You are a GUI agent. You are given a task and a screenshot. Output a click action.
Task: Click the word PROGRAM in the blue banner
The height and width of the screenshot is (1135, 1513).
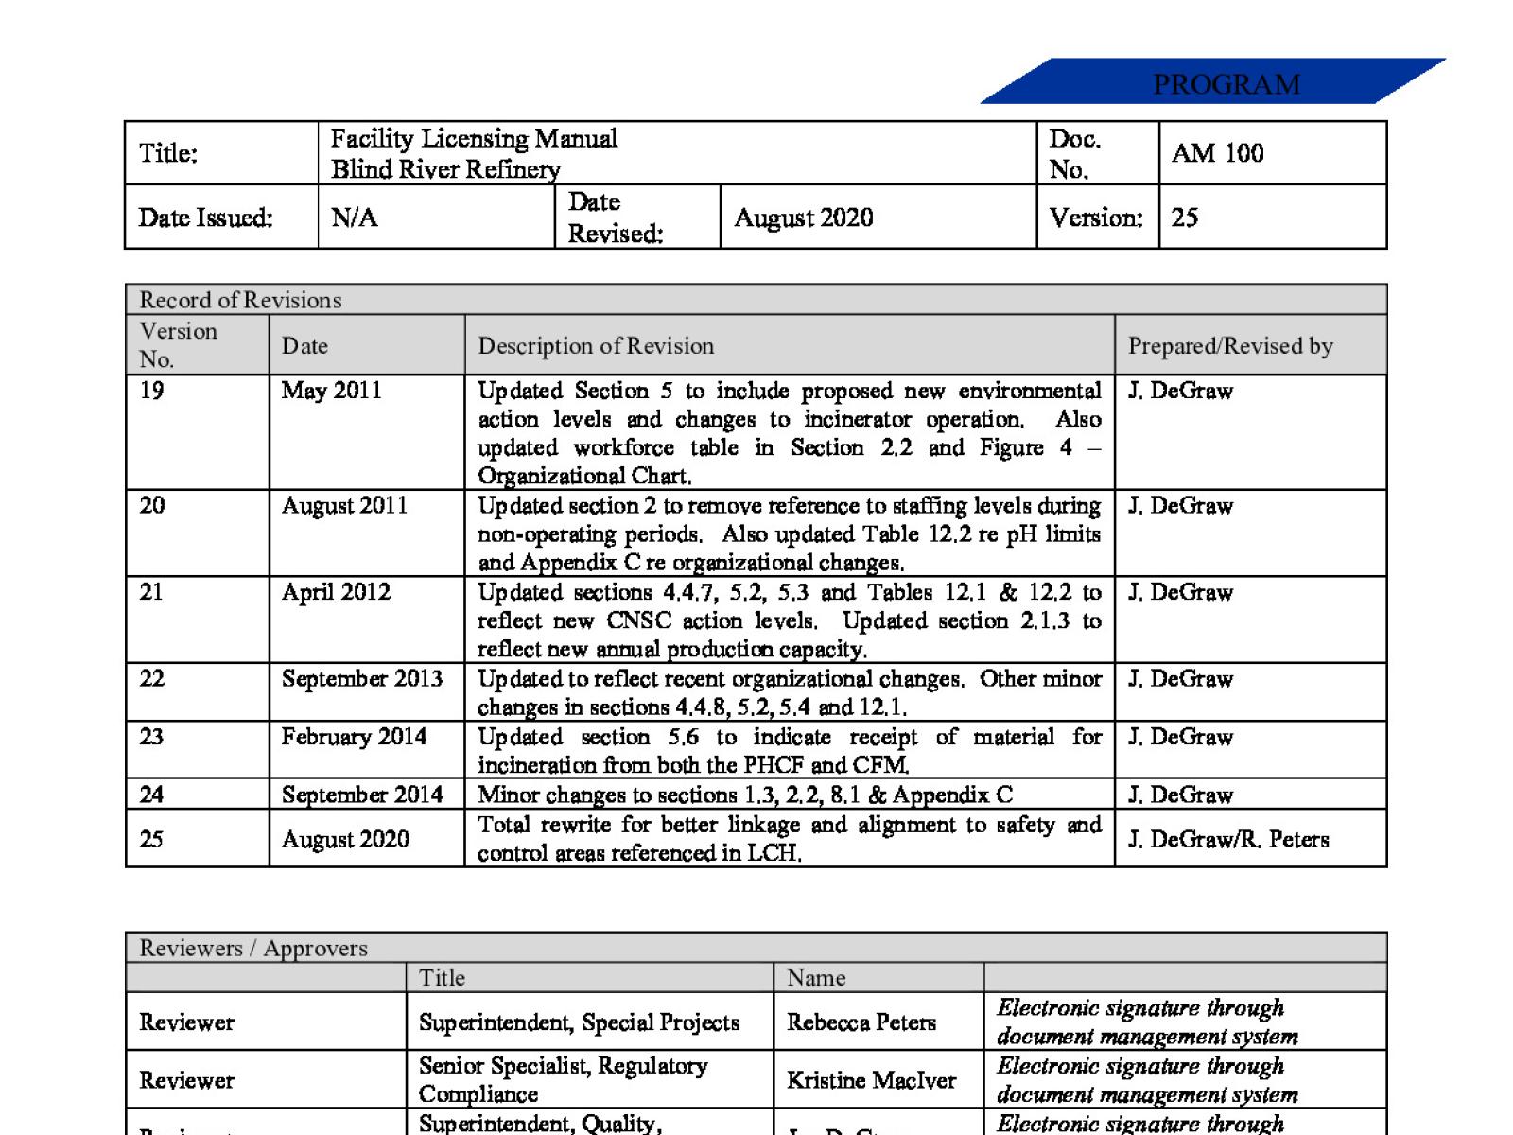pyautogui.click(x=1226, y=85)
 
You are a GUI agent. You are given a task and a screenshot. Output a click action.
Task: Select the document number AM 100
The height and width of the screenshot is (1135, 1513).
pyautogui.click(x=1217, y=153)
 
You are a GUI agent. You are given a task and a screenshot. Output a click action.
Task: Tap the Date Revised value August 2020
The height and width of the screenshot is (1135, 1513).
pyautogui.click(x=803, y=218)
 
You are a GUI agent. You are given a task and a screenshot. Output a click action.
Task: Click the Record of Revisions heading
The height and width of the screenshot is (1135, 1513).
pyautogui.click(x=240, y=300)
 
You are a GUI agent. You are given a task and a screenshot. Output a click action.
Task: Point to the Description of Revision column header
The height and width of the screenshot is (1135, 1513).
pyautogui.click(x=596, y=346)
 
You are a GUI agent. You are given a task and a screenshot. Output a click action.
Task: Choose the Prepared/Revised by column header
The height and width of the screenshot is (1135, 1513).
pyautogui.click(x=1230, y=346)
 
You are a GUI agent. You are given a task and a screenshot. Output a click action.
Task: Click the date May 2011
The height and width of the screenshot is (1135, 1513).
pyautogui.click(x=331, y=391)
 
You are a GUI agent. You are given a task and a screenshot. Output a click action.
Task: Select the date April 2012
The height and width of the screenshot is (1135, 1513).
pyautogui.click(x=336, y=592)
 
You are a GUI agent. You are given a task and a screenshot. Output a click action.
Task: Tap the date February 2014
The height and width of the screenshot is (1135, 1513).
pyautogui.click(x=354, y=737)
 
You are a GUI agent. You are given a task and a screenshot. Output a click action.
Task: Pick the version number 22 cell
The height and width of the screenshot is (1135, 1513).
pyautogui.click(x=151, y=679)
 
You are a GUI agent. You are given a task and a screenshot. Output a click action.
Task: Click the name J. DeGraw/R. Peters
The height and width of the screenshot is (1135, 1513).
pyautogui.click(x=1228, y=839)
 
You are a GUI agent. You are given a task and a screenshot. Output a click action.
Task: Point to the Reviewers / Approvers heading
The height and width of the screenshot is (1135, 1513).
pyautogui.click(x=253, y=948)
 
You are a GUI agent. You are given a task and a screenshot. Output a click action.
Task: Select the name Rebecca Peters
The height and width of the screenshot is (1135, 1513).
pyautogui.click(x=861, y=1022)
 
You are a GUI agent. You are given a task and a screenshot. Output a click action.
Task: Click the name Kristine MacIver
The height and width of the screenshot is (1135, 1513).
pyautogui.click(x=871, y=1080)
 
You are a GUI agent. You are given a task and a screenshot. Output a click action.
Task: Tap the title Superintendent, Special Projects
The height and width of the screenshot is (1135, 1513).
pyautogui.click(x=579, y=1022)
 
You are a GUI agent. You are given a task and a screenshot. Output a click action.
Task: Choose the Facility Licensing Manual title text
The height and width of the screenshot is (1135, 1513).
pyautogui.click(x=474, y=139)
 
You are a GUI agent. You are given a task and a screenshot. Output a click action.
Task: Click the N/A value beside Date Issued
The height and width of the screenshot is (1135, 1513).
pyautogui.click(x=355, y=218)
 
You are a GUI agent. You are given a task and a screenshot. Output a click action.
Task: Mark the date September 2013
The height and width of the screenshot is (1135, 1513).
pyautogui.click(x=361, y=679)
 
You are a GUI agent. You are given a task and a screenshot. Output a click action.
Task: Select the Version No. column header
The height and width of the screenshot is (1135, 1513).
pyautogui.click(x=178, y=344)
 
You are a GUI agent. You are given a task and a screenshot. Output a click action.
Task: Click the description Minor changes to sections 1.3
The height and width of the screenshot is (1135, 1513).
pyautogui.click(x=744, y=794)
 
